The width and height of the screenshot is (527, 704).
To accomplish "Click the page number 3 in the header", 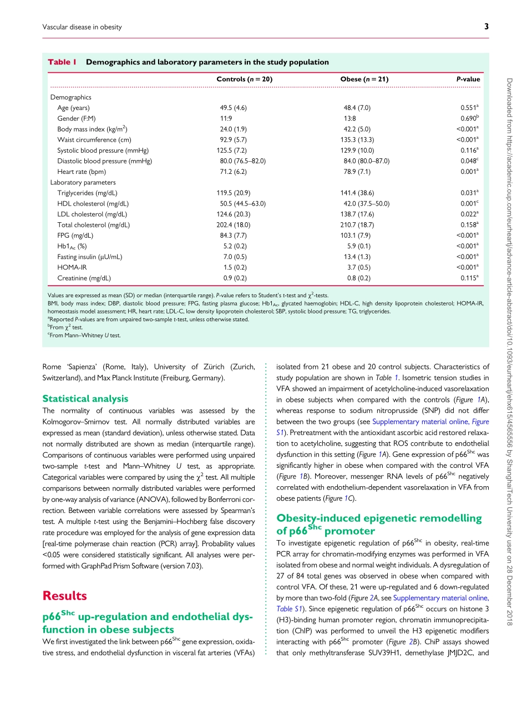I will click(486, 27).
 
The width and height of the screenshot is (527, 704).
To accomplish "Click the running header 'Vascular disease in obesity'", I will click(82, 27).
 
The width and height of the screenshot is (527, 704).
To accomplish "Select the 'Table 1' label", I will click(62, 62).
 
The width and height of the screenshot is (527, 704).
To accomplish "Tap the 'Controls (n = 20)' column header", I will click(244, 79).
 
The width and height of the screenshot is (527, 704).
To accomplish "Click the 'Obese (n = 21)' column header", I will click(364, 79).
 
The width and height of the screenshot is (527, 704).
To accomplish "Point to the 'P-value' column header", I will click(468, 79).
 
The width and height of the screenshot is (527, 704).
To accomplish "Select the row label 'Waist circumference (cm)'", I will click(94, 139).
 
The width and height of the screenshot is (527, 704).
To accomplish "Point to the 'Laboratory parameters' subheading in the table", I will click(83, 182).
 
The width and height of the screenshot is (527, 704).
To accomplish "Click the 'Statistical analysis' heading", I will click(85, 398).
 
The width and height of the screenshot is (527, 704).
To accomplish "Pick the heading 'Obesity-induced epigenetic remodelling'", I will click(379, 518).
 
